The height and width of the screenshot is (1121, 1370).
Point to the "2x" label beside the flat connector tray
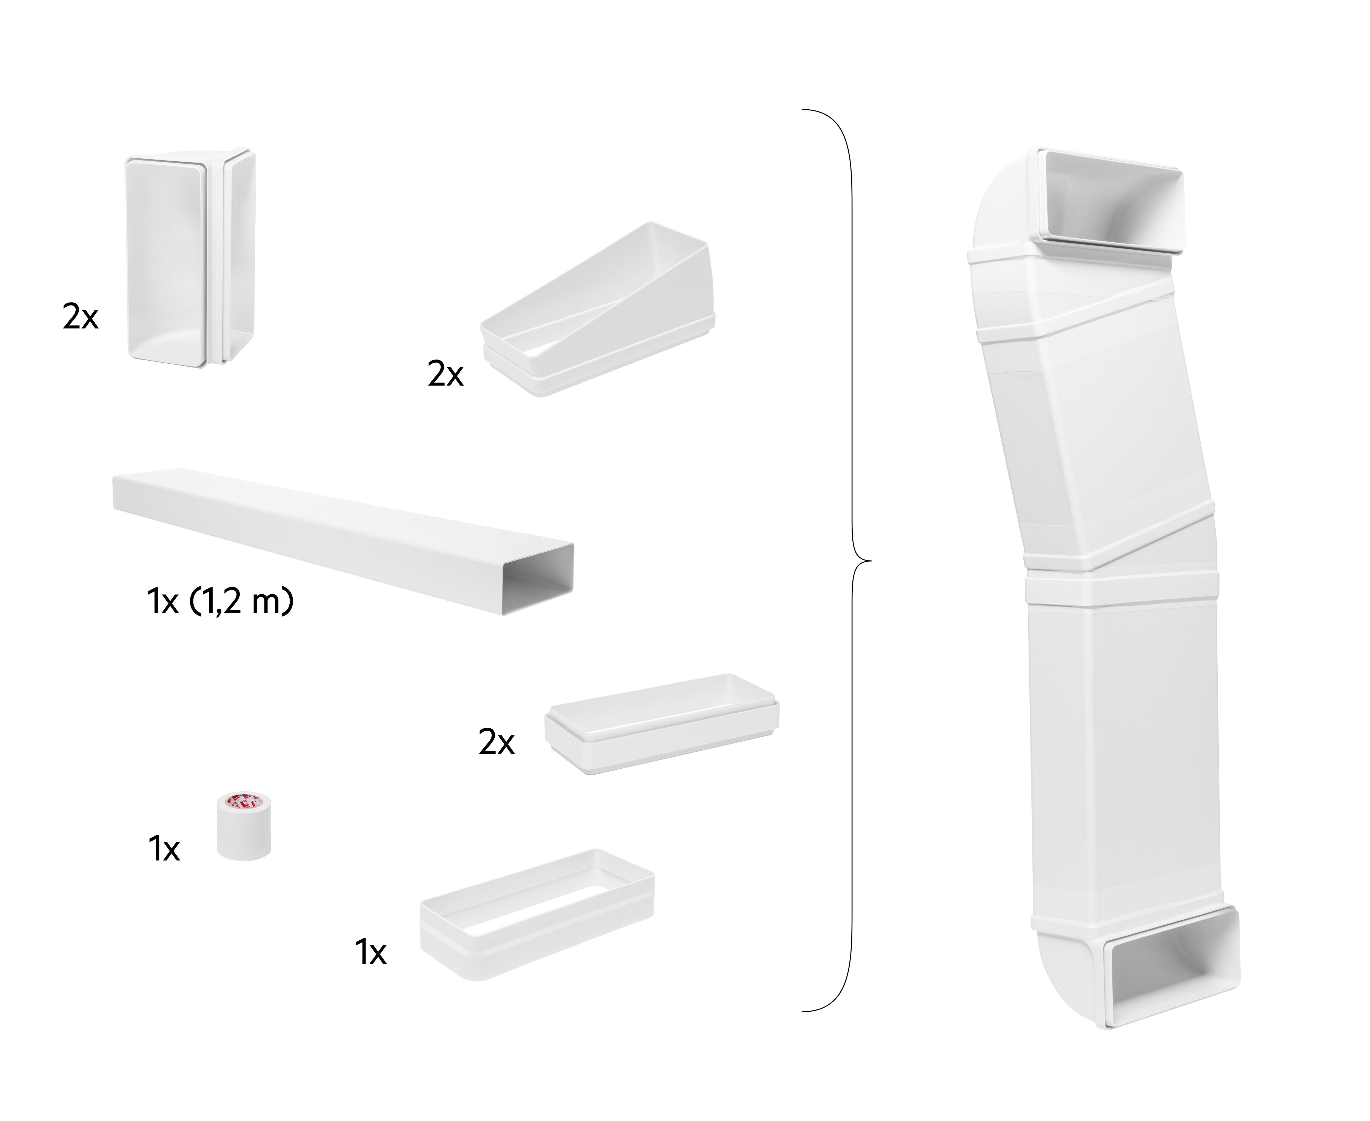coord(496,743)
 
